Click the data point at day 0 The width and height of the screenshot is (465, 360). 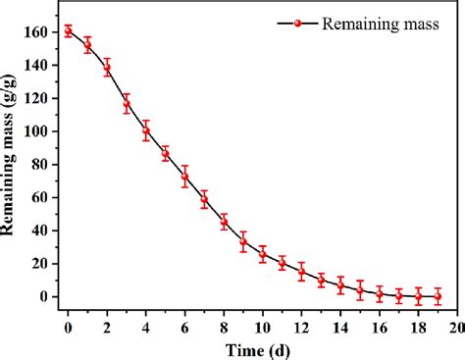click(68, 30)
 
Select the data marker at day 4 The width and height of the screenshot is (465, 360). click(146, 130)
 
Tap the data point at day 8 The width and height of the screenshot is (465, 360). click(224, 223)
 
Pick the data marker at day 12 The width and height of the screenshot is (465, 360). click(301, 272)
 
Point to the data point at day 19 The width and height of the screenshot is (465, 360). click(438, 296)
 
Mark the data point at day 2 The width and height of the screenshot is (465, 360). click(107, 68)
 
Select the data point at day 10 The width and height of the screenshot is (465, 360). click(263, 255)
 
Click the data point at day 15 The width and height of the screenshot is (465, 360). click(360, 290)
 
